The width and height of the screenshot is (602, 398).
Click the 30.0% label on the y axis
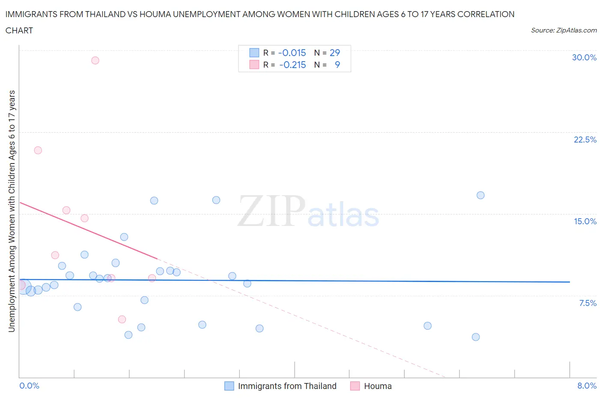tap(584, 57)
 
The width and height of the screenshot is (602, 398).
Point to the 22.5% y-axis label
tap(585, 140)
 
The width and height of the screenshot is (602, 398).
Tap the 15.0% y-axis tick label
tap(585, 221)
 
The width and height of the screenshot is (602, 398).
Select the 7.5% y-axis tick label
tap(587, 303)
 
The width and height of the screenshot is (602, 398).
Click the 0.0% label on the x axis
tap(29, 386)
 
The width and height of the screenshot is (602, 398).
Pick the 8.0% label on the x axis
tap(587, 386)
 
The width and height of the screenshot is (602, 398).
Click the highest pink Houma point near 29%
tap(95, 60)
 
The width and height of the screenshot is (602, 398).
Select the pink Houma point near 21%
tap(38, 150)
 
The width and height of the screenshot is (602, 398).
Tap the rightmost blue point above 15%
tap(480, 195)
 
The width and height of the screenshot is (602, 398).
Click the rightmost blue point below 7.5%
tap(476, 337)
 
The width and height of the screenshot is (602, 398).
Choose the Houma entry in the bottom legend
tap(377, 386)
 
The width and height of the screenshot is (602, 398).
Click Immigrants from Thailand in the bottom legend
tap(287, 386)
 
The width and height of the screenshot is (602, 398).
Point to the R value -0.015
tap(292, 53)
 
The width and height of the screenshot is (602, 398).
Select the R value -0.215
tap(292, 65)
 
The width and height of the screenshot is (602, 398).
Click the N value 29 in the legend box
tap(334, 53)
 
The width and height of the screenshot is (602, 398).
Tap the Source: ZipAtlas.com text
tap(563, 30)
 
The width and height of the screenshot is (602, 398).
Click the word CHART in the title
tap(19, 30)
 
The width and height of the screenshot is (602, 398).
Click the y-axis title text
tap(12, 211)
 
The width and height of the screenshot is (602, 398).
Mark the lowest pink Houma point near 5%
tap(122, 319)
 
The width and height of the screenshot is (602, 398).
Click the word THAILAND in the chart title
tap(106, 14)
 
